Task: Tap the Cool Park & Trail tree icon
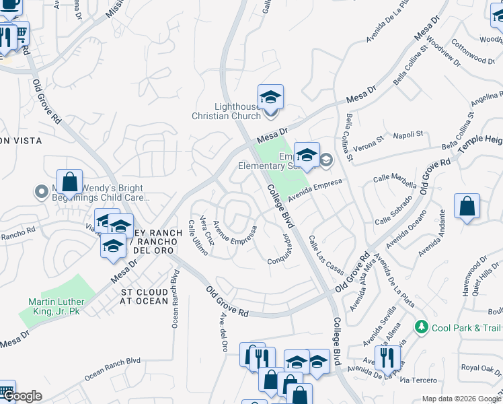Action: (422, 327)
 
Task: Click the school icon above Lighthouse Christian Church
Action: (270, 98)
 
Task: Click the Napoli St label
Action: (408, 134)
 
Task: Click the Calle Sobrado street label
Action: (393, 213)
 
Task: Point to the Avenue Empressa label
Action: (235, 237)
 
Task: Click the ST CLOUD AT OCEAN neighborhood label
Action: (144, 296)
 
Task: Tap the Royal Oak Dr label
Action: (479, 368)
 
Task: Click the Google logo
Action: (22, 396)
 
